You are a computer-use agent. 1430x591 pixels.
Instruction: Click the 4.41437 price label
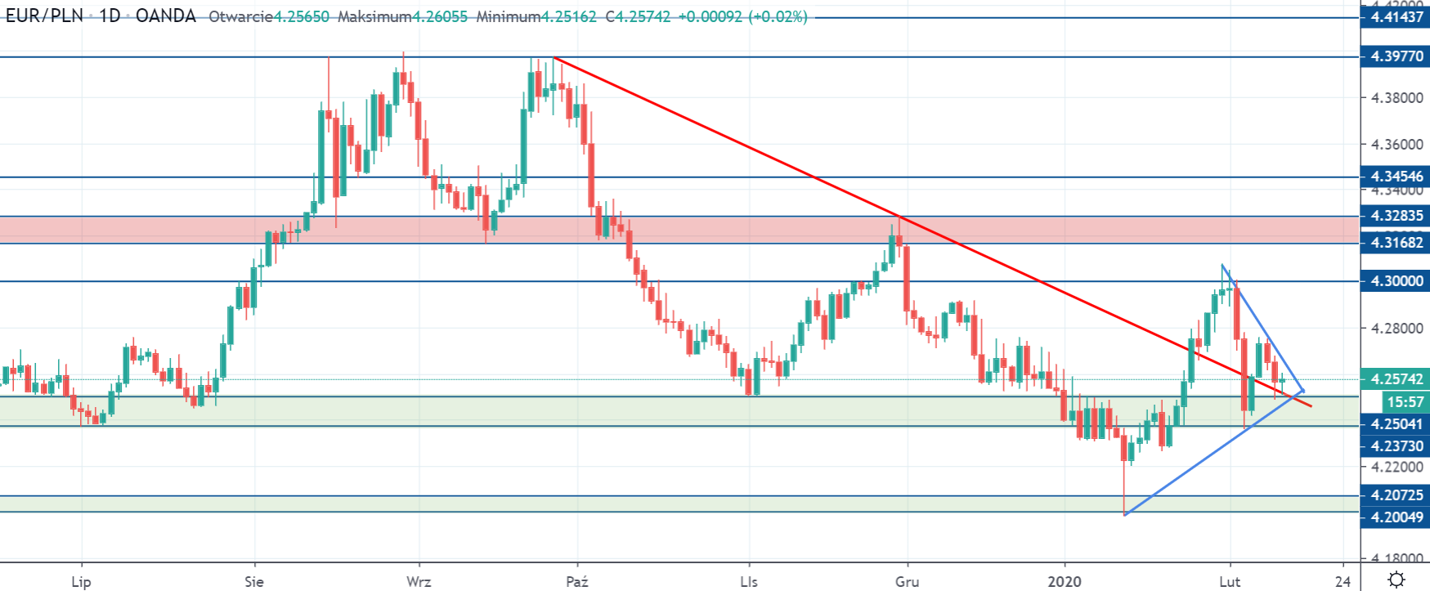(1395, 17)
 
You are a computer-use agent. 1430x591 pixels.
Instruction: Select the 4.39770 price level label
(1395, 56)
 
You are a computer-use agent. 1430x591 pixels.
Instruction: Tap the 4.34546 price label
(1395, 177)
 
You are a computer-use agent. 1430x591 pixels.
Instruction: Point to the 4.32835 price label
(1395, 216)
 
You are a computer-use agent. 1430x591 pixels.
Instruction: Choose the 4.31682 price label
(1395, 243)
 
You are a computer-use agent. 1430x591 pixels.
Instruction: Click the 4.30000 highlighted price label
(1395, 281)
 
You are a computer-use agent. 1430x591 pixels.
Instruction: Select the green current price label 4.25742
(1395, 379)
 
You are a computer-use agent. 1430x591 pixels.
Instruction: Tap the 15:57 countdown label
(1405, 402)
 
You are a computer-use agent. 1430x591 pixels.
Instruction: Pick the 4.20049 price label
(1395, 517)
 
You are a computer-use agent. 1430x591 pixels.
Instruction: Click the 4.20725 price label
(1395, 495)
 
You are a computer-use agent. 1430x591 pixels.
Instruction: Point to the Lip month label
(81, 582)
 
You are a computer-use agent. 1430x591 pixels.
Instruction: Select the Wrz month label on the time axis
(419, 582)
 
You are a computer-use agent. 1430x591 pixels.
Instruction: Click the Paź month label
(577, 582)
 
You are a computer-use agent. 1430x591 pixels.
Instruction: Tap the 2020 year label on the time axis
(1065, 582)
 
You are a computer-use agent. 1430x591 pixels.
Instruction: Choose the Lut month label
(1230, 582)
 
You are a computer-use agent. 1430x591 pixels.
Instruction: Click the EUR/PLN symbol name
(45, 16)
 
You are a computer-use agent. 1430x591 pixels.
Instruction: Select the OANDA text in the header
(166, 16)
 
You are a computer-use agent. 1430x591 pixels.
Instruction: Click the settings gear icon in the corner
(1396, 580)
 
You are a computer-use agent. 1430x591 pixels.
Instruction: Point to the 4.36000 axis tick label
(1397, 145)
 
